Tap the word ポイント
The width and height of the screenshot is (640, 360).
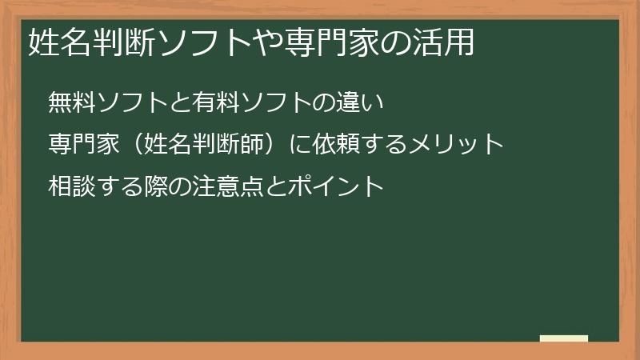pos(338,186)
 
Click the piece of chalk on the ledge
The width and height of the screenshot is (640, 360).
pos(563,338)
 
